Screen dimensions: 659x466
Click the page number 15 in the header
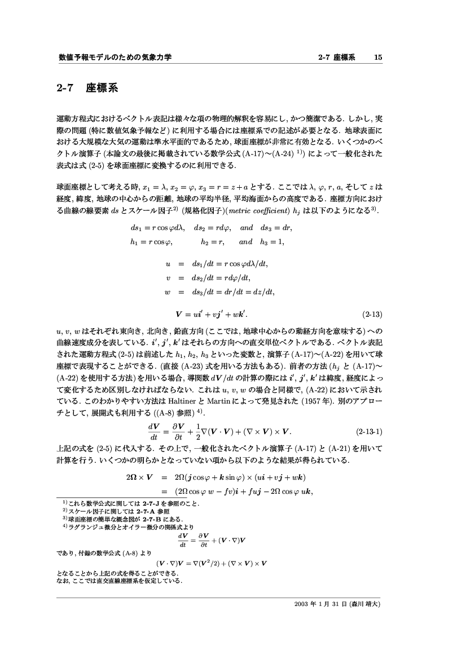click(378, 58)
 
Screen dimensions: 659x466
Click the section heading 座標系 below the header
click(102, 89)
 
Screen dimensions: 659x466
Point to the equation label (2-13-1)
click(368, 433)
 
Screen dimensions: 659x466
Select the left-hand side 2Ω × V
click(141, 477)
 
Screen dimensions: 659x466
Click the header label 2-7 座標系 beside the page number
click(337, 58)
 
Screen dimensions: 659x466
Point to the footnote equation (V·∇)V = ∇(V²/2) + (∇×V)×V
click(211, 563)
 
